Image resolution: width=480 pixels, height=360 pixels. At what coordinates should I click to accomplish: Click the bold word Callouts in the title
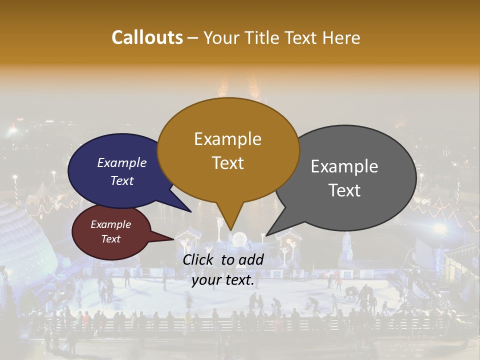147,37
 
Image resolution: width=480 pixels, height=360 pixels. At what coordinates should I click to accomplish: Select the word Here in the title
341,37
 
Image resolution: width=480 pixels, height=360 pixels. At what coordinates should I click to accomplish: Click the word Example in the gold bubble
227,139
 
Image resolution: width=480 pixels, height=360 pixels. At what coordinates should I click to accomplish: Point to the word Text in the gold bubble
227,163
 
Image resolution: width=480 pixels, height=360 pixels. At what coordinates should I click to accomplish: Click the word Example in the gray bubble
344,166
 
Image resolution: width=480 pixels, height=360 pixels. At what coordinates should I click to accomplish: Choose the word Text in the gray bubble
344,190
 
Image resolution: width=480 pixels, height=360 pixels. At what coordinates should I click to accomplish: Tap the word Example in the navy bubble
122,162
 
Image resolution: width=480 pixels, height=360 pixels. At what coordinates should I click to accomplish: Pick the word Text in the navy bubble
122,180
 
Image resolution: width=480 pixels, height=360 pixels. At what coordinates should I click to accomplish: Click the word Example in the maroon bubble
110,224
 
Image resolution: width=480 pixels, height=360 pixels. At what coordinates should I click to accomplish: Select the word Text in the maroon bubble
110,239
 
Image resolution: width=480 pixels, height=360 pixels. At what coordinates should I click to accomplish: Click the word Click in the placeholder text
199,259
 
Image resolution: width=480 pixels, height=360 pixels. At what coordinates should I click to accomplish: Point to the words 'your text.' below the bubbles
222,280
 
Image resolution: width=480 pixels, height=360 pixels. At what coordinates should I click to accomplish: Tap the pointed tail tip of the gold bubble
230,230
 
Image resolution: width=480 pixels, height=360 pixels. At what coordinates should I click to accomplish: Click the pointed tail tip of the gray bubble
266,235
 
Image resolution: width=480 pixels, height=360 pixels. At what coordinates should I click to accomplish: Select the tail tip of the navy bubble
191,211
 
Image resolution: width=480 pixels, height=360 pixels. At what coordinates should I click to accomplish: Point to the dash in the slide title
193,38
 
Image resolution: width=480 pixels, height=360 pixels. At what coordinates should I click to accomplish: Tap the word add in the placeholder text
251,259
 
